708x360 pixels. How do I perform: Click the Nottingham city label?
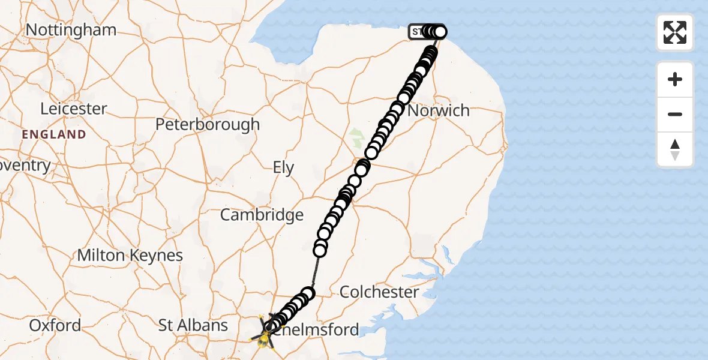click(x=71, y=30)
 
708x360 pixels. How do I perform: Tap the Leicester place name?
click(x=73, y=109)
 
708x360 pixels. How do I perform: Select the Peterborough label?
click(x=208, y=125)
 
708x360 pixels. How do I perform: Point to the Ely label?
click(x=283, y=168)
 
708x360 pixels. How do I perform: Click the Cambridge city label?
click(x=262, y=215)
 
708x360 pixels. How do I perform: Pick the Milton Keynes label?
click(x=130, y=255)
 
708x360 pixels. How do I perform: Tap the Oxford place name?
click(x=55, y=325)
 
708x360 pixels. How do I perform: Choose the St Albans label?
click(x=193, y=325)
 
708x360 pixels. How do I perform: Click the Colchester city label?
click(x=379, y=292)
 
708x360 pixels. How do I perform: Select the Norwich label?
click(x=439, y=111)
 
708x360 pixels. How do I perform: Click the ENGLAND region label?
click(x=54, y=134)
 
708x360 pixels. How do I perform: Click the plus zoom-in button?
click(x=675, y=79)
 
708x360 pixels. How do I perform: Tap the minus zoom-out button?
click(x=675, y=114)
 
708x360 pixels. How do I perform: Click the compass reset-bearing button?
click(x=675, y=149)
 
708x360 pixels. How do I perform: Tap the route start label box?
click(x=416, y=32)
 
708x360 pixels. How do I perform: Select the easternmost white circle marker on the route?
click(x=440, y=32)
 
